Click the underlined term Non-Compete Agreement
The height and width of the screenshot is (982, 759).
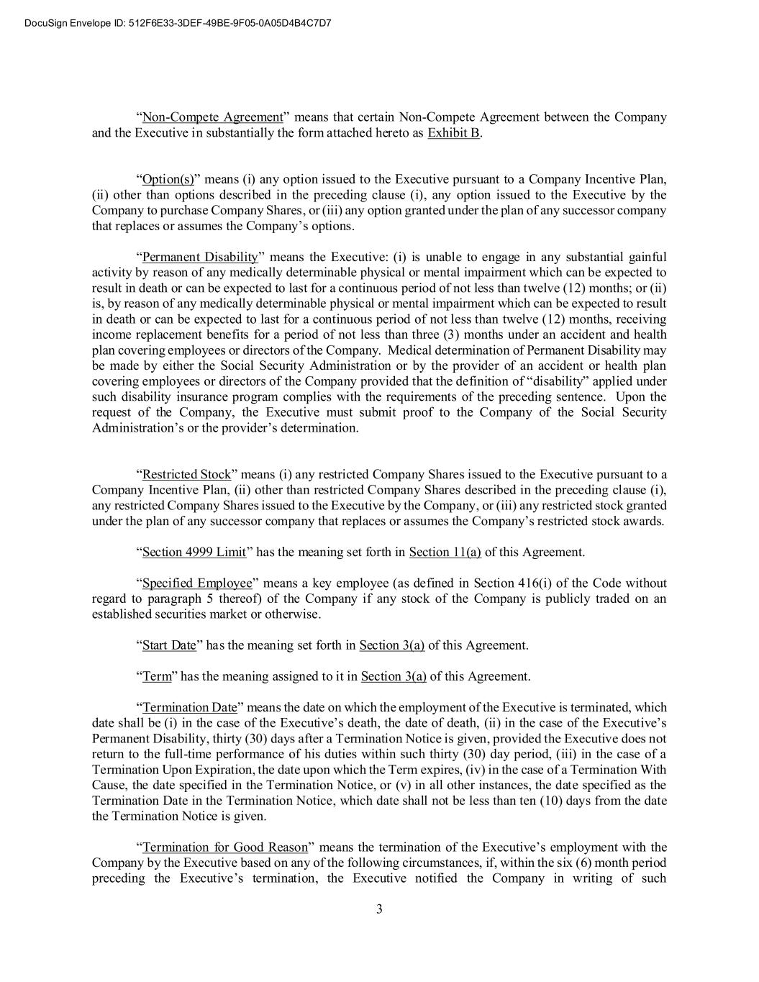click(x=212, y=117)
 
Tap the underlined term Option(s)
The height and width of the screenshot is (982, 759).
click(x=168, y=179)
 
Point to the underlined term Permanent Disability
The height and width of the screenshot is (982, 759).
click(x=200, y=257)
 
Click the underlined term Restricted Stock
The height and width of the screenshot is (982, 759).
click(x=186, y=475)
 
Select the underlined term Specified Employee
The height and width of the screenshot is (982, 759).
click(x=197, y=583)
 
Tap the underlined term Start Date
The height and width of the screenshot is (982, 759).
click(x=169, y=645)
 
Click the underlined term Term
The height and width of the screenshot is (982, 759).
click(x=157, y=676)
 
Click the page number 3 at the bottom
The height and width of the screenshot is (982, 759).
click(x=379, y=909)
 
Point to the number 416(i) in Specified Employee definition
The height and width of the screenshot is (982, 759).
click(x=534, y=583)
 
